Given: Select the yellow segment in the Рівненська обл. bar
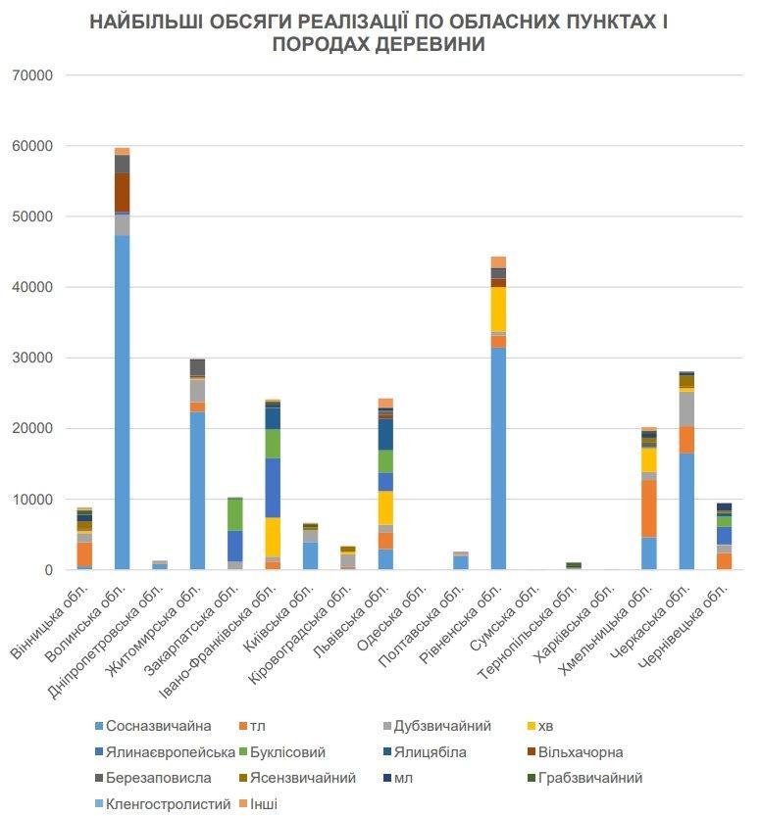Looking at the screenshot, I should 498,309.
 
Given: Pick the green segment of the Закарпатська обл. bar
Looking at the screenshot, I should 234,514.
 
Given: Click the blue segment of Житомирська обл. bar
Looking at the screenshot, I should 197,490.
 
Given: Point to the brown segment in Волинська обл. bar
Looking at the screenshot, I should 122,192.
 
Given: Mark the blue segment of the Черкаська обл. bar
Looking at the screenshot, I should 685,510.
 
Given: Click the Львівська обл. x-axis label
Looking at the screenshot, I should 362,615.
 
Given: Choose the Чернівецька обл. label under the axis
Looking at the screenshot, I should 697,621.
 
